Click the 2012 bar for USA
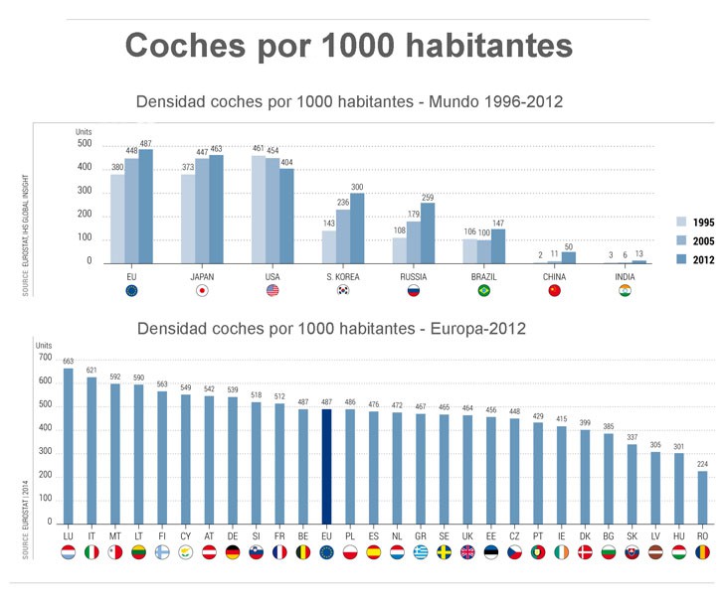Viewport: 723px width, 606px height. pos(286,216)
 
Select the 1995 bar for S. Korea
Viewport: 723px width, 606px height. pos(329,246)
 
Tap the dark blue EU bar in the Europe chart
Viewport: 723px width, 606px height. pos(325,466)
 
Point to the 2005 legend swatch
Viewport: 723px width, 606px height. pos(681,239)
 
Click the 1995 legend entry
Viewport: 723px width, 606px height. pos(694,221)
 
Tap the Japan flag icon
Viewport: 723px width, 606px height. pos(201,291)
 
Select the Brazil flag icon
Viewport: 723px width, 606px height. pos(483,291)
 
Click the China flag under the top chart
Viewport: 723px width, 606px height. pos(554,291)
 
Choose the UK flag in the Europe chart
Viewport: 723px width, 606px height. pos(467,552)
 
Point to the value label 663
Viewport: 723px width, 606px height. pos(69,361)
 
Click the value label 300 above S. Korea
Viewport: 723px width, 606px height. pos(357,187)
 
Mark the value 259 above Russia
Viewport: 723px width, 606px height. pos(428,197)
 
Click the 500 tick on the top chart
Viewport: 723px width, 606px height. pos(85,144)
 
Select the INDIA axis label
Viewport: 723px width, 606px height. pos(625,275)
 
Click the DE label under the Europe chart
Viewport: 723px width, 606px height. pos(233,536)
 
